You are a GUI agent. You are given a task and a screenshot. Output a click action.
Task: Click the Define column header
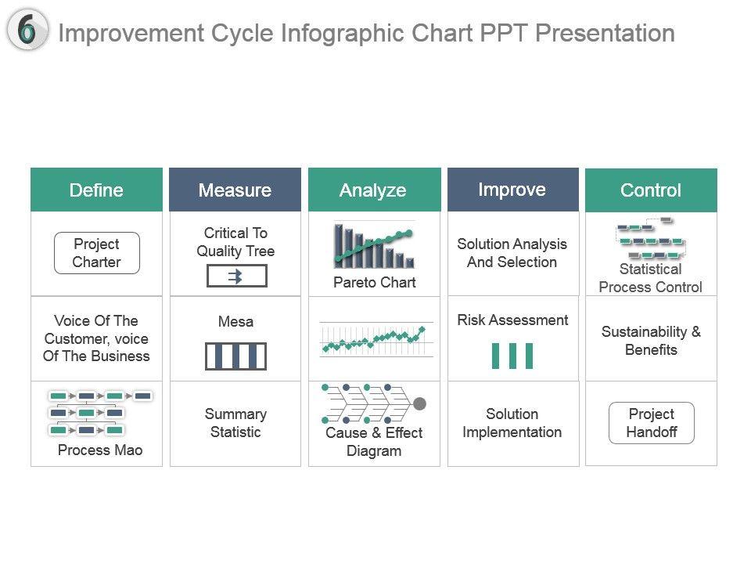point(96,190)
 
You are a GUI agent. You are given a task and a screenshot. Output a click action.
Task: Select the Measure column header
point(235,190)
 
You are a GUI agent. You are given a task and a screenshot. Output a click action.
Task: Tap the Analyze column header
point(374,190)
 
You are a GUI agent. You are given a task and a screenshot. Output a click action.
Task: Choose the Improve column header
point(513,190)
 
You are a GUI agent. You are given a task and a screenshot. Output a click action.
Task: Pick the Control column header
point(651,190)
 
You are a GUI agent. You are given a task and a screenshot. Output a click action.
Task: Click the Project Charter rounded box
point(97,253)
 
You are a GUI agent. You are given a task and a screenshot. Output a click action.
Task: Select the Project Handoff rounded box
point(652,422)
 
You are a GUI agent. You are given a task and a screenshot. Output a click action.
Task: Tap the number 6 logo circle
point(27,30)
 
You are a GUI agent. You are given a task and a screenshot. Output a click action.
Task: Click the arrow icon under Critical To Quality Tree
point(236,277)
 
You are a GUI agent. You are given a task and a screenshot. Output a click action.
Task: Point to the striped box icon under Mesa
point(235,356)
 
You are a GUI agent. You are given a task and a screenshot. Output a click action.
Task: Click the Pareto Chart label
point(375,282)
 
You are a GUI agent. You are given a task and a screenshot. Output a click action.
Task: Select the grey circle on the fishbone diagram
point(419,404)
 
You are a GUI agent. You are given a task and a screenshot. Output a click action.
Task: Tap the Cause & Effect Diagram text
point(374,442)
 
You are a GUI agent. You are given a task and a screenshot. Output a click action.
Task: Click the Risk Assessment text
point(513,320)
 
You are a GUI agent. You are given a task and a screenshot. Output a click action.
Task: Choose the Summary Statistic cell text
point(235,422)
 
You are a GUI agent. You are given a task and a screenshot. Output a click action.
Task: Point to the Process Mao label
point(100,450)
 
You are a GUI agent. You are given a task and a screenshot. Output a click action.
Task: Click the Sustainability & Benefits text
point(651,341)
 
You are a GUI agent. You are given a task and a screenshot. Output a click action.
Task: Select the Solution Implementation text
point(512,422)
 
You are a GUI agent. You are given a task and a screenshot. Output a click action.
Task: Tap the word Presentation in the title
point(605,33)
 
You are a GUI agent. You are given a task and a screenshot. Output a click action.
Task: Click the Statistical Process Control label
point(650,277)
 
